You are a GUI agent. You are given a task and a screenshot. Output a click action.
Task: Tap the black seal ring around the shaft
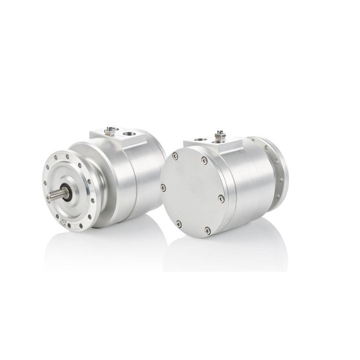tap(66, 193)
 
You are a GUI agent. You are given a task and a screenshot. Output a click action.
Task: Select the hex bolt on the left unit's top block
tap(109, 131)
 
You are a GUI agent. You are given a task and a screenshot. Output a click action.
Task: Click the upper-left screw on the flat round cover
tap(175, 156)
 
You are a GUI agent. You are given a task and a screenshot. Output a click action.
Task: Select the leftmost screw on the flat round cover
tap(163, 187)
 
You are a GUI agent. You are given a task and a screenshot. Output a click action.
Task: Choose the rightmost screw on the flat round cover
tap(221, 198)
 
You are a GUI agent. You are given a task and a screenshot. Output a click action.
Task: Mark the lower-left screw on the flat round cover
tap(179, 224)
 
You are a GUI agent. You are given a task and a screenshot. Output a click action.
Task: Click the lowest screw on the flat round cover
tap(207, 230)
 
